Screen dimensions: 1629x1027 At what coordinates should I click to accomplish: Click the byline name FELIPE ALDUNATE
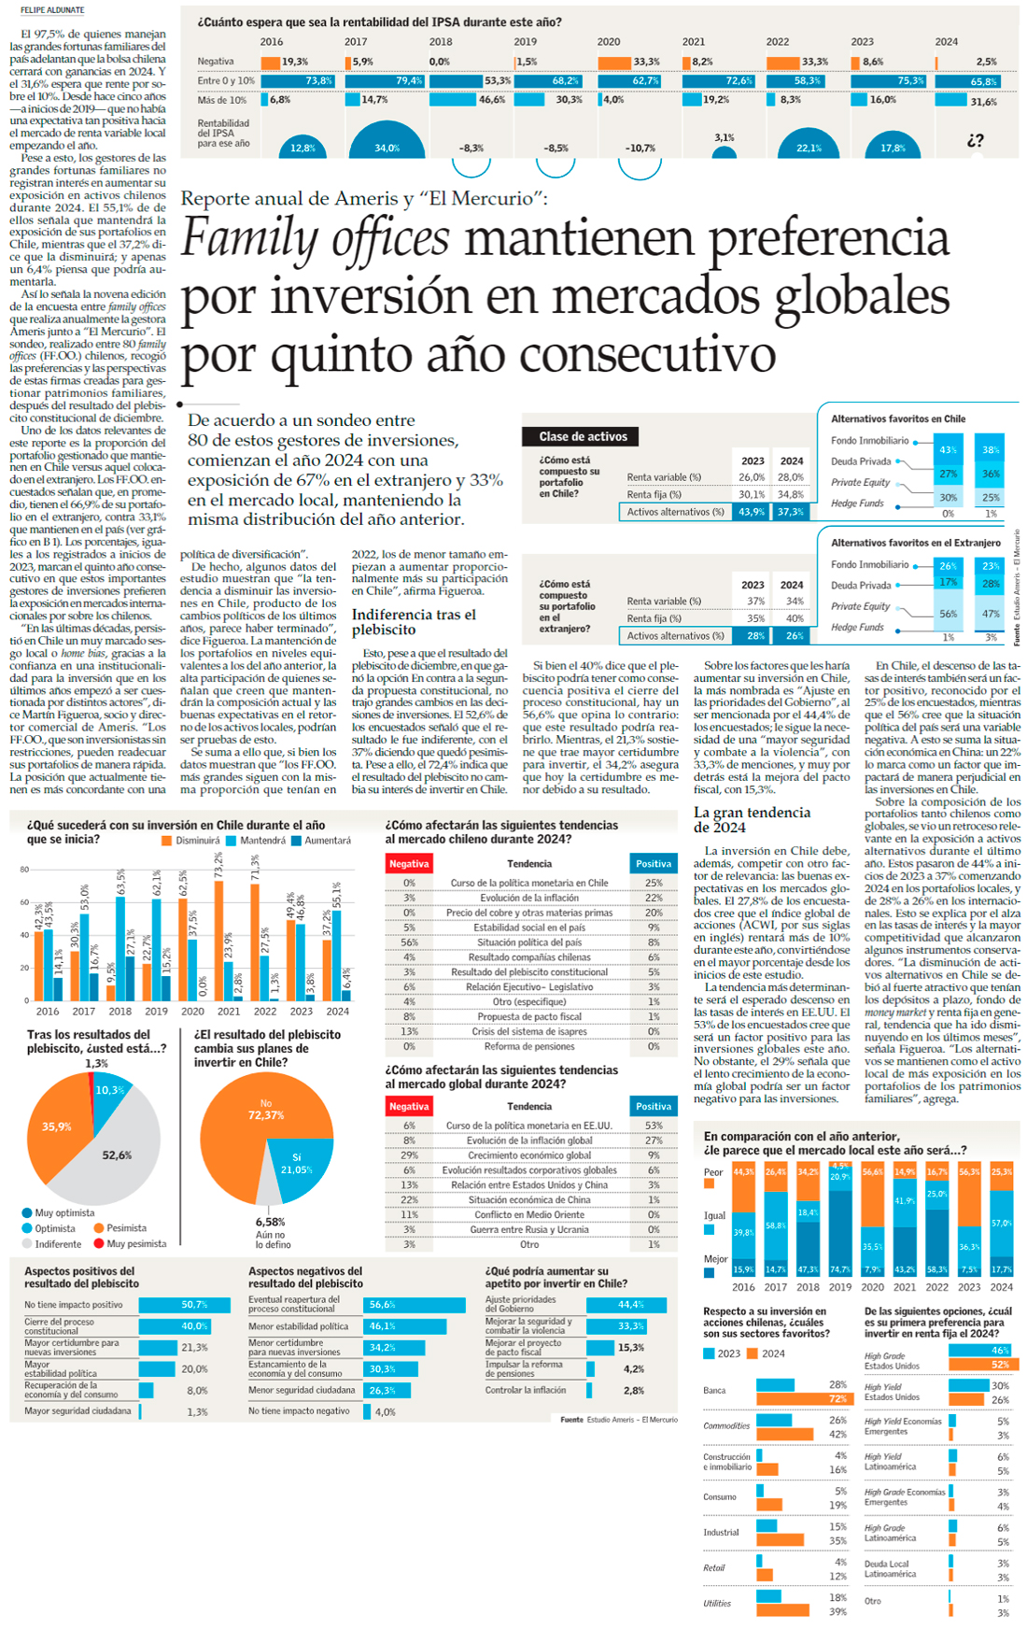click(52, 10)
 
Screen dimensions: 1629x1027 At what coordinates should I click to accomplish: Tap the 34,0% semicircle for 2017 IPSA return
click(387, 143)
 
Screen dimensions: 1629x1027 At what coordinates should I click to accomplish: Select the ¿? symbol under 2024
click(975, 140)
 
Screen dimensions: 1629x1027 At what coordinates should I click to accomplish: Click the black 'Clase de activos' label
click(583, 436)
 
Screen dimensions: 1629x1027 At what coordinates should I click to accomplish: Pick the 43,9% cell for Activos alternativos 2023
click(751, 512)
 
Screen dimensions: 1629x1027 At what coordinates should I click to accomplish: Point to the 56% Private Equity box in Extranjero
click(948, 614)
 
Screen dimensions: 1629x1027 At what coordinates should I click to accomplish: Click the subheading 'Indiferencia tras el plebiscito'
click(414, 621)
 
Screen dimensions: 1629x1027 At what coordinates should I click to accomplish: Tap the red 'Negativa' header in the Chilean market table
click(409, 864)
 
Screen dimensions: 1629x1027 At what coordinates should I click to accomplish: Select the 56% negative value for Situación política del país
click(409, 942)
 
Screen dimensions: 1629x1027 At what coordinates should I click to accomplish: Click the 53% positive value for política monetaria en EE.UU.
click(654, 1126)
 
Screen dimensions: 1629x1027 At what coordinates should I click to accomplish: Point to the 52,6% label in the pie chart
click(117, 1155)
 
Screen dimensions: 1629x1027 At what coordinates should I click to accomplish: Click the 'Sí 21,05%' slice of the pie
click(298, 1164)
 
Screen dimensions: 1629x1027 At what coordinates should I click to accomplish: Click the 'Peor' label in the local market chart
click(713, 1172)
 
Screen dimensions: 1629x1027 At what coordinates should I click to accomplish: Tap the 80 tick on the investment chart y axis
click(24, 870)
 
